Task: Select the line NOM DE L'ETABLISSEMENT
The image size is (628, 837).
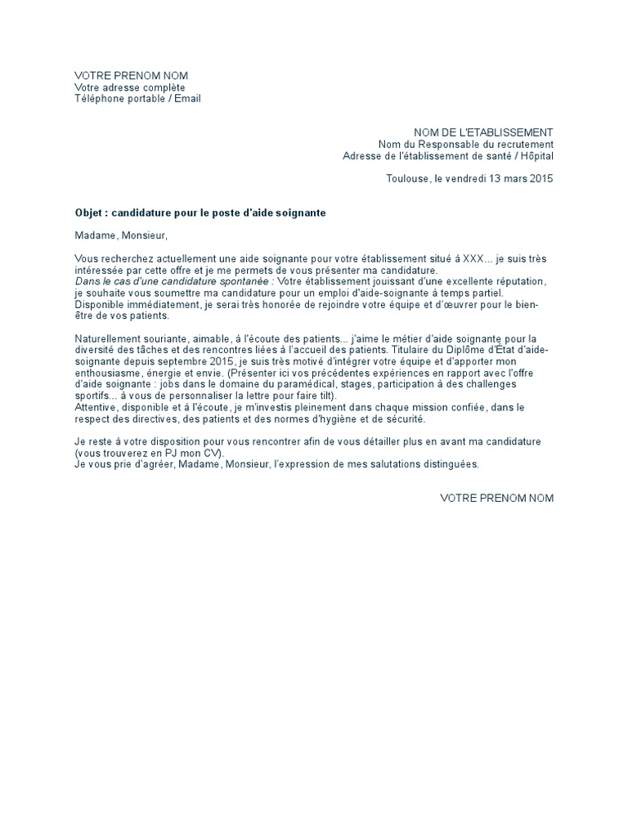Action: (x=483, y=132)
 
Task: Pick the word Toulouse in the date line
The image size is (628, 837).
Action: (x=407, y=179)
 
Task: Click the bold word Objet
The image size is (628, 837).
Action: (x=89, y=213)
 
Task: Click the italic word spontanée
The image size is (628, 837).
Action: (x=244, y=282)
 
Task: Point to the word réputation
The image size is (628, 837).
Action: (x=519, y=282)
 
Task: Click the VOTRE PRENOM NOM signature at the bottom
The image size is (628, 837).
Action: (x=496, y=498)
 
